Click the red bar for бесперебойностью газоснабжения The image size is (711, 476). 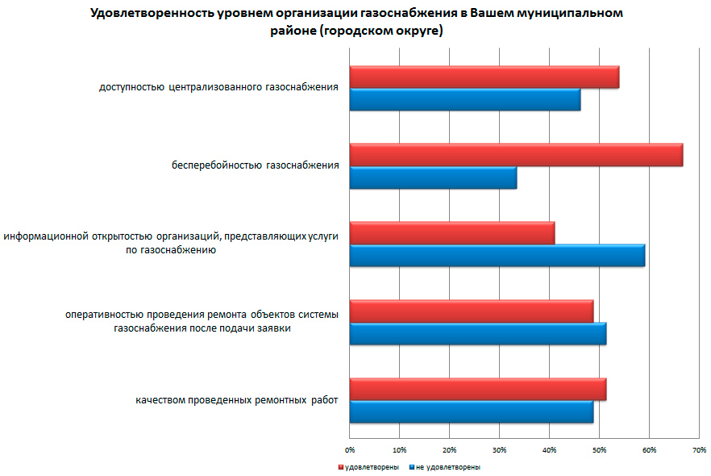(516, 155)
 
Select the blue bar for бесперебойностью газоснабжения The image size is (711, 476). (433, 177)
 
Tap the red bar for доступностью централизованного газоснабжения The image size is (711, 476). (484, 77)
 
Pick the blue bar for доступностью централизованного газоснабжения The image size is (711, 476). (464, 100)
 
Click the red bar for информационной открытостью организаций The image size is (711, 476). (451, 232)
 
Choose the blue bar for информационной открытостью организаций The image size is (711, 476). (497, 255)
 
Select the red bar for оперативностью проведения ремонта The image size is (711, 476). (471, 311)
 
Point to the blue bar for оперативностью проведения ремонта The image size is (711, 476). (477, 333)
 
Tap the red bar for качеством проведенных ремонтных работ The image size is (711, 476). (477, 389)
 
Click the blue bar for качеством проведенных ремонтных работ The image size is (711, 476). (471, 411)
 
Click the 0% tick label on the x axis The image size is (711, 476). (350, 449)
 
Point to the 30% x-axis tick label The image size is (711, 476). (500, 449)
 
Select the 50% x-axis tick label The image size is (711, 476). (600, 449)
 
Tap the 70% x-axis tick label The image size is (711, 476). (699, 449)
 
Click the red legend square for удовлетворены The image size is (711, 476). (341, 467)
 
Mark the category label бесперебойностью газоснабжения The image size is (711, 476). (255, 166)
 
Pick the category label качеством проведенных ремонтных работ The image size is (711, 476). (236, 400)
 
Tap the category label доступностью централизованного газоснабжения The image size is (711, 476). (218, 88)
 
